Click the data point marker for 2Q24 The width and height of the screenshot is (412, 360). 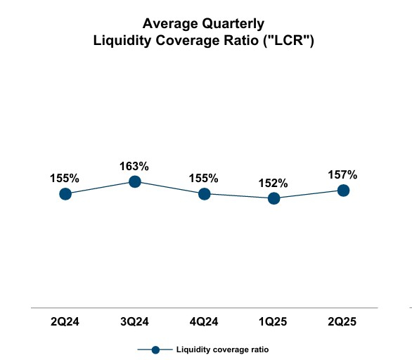tap(65, 193)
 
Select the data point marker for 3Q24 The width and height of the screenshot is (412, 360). tap(134, 182)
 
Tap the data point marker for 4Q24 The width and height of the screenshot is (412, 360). tap(204, 193)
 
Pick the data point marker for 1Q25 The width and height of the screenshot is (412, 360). tap(273, 198)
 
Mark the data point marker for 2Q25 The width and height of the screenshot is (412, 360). tap(343, 190)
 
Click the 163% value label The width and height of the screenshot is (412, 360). tap(134, 167)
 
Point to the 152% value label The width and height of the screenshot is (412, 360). tap(273, 183)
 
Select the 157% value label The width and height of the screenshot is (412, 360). tap(343, 174)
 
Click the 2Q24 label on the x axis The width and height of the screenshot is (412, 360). tap(65, 322)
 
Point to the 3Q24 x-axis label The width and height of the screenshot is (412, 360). tap(134, 322)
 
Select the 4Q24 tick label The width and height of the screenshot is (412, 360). tap(204, 322)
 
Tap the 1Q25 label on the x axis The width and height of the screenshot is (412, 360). tap(273, 322)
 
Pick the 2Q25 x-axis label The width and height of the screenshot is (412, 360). tap(343, 322)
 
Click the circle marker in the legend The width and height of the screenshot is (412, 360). tap(156, 349)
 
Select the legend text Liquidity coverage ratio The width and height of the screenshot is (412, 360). tap(222, 349)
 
